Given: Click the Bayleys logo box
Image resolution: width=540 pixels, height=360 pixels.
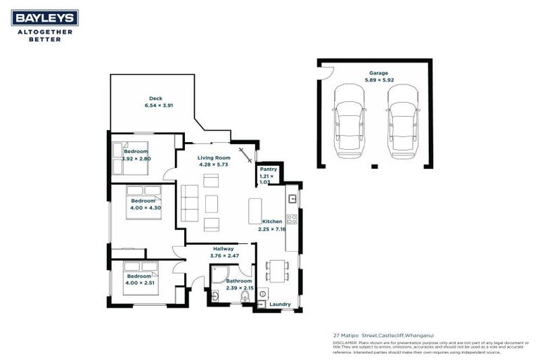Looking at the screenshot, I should coord(44,18).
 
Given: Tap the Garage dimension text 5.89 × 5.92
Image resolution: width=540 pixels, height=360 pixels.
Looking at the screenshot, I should coord(378,81).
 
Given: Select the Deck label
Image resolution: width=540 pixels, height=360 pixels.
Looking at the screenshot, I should coord(155,98).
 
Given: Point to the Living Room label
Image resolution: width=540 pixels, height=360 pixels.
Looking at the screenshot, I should coord(214,157).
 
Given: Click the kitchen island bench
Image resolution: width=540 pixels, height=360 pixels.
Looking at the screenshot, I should coord(255,211).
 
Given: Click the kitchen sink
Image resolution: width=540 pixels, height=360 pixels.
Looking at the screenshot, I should coord(292,199).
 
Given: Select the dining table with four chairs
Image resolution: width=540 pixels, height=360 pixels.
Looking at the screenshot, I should coord(277,270).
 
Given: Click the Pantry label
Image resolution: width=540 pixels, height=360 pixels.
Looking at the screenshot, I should coord(268,169).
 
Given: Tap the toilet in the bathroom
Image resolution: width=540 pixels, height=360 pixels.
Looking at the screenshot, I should coord(244,298).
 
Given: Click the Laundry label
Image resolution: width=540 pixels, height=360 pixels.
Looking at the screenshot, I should coord(279,304).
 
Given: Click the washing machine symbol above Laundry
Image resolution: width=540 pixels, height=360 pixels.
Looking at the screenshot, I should coord(264,293).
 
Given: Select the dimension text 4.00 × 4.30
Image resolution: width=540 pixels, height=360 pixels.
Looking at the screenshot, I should coord(146,207).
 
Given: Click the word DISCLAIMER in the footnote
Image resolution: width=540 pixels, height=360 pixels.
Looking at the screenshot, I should coord(344,342).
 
